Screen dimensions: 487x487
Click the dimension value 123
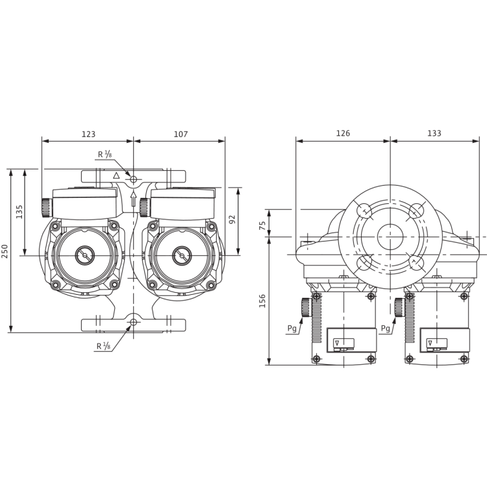(88, 134)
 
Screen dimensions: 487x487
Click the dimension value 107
(181, 134)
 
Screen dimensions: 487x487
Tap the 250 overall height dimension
(5, 251)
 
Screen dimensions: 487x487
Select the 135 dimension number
(19, 212)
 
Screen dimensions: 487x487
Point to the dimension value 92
(232, 219)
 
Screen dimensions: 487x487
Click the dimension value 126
(343, 133)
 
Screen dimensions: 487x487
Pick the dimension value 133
(434, 133)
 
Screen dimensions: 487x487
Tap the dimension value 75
(262, 225)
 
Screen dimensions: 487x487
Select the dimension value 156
(262, 301)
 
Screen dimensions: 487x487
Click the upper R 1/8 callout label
(105, 154)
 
